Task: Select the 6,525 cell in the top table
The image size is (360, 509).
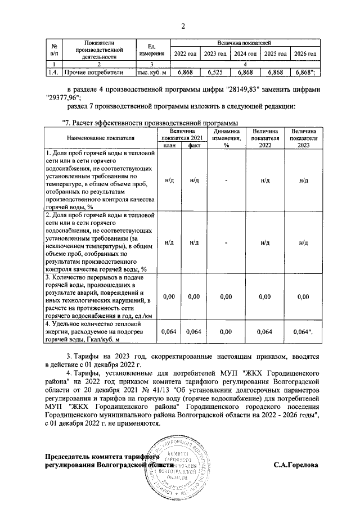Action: pos(214,73)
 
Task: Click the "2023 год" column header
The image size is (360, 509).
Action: pos(214,53)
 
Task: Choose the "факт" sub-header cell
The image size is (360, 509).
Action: pos(194,145)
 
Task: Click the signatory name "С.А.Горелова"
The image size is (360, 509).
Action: pos(296,466)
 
